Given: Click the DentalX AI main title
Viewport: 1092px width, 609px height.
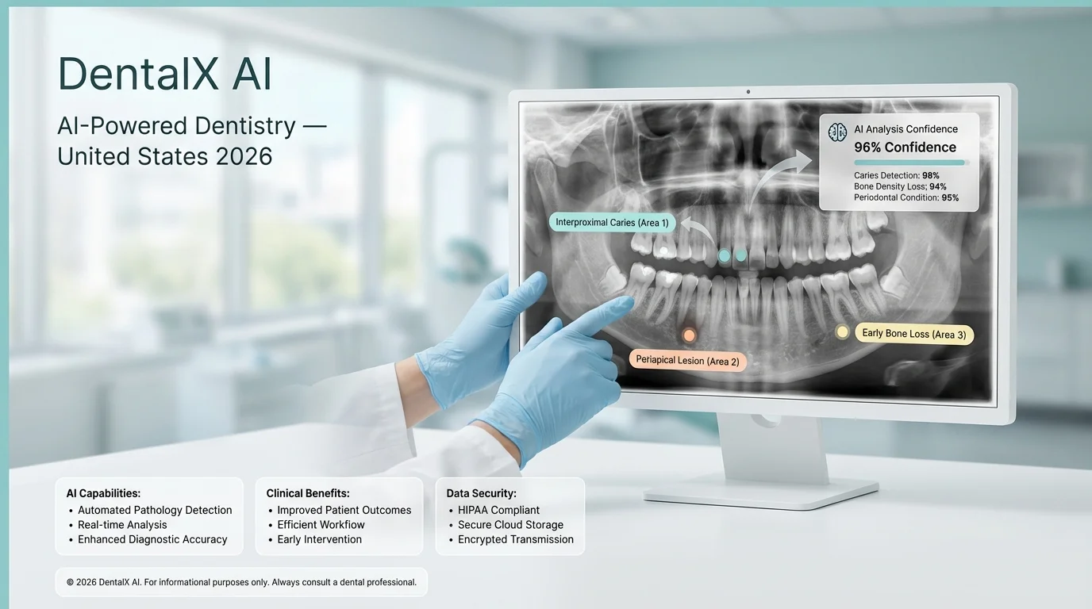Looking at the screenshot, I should point(165,75).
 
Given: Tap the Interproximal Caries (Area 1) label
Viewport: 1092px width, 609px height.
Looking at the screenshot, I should point(612,223).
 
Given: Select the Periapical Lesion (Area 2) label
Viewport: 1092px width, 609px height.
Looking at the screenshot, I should point(687,361).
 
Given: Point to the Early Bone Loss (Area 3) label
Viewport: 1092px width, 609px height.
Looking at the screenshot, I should point(913,334).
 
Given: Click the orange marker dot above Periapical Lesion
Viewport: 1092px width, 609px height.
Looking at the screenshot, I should point(689,335).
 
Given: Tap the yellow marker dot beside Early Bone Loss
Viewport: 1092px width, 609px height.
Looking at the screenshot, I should point(842,331).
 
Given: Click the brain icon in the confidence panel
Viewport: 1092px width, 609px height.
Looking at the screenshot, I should point(837,132).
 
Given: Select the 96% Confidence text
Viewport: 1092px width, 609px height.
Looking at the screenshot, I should point(905,147).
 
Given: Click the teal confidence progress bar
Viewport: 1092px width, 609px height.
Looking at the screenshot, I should point(909,162).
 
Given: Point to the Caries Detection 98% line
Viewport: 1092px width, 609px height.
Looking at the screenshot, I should point(896,175).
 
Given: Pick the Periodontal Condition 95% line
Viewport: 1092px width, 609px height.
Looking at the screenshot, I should point(906,197).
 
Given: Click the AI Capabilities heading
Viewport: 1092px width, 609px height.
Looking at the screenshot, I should point(103,493).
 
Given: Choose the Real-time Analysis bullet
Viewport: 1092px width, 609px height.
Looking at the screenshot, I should point(122,525).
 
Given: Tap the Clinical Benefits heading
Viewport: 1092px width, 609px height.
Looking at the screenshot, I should point(308,493).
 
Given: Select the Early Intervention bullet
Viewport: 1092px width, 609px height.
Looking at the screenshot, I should point(319,539).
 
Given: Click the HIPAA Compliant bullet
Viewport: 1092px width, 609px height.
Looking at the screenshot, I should point(498,511).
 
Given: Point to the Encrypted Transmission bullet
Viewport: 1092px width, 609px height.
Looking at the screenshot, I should point(515,539).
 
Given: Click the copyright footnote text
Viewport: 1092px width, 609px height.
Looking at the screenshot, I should point(241,582).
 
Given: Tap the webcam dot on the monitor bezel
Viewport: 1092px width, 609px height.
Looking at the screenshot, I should point(748,92).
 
